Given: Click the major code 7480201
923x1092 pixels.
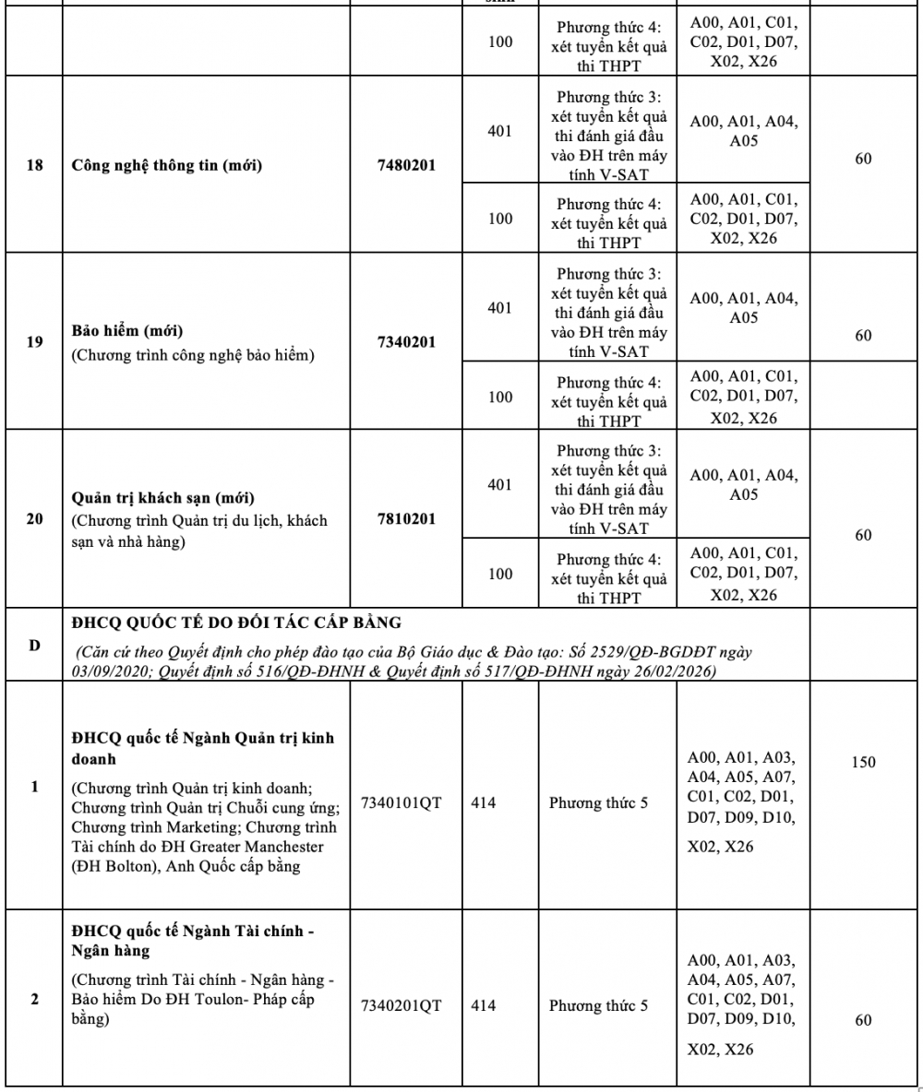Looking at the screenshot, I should (406, 166).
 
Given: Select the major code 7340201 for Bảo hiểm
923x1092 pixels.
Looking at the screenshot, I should (406, 342).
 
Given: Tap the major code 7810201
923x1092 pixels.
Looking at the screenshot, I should (406, 519).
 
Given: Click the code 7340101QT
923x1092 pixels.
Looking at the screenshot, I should (402, 802).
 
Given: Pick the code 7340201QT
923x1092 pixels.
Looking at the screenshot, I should (402, 1005).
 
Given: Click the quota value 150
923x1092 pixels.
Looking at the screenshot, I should (863, 763).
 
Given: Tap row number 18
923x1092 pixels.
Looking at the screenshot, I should (34, 166).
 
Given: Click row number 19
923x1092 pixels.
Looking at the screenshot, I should (34, 342).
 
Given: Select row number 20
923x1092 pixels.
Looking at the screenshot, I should (34, 519).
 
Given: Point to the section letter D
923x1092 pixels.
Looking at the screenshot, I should (34, 645).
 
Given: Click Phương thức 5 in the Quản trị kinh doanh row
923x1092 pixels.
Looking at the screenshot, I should (598, 802).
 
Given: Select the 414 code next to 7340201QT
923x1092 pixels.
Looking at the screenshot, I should (483, 1005).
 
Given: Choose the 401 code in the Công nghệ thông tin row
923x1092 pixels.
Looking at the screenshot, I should (499, 131).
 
